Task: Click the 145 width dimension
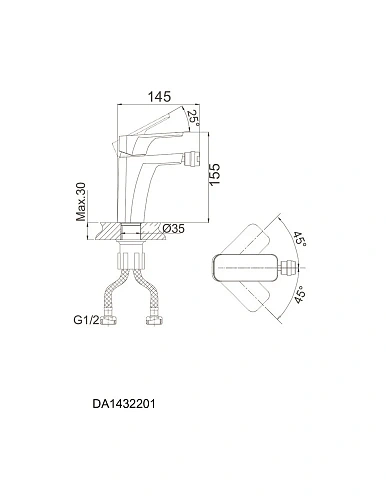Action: (159, 96)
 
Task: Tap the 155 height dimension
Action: (214, 175)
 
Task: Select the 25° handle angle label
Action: (193, 118)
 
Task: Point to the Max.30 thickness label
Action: (81, 202)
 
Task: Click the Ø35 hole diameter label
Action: (173, 229)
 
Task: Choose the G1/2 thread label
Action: (86, 320)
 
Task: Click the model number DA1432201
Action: (124, 404)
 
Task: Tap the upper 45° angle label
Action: (299, 238)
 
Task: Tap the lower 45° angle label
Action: (300, 295)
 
